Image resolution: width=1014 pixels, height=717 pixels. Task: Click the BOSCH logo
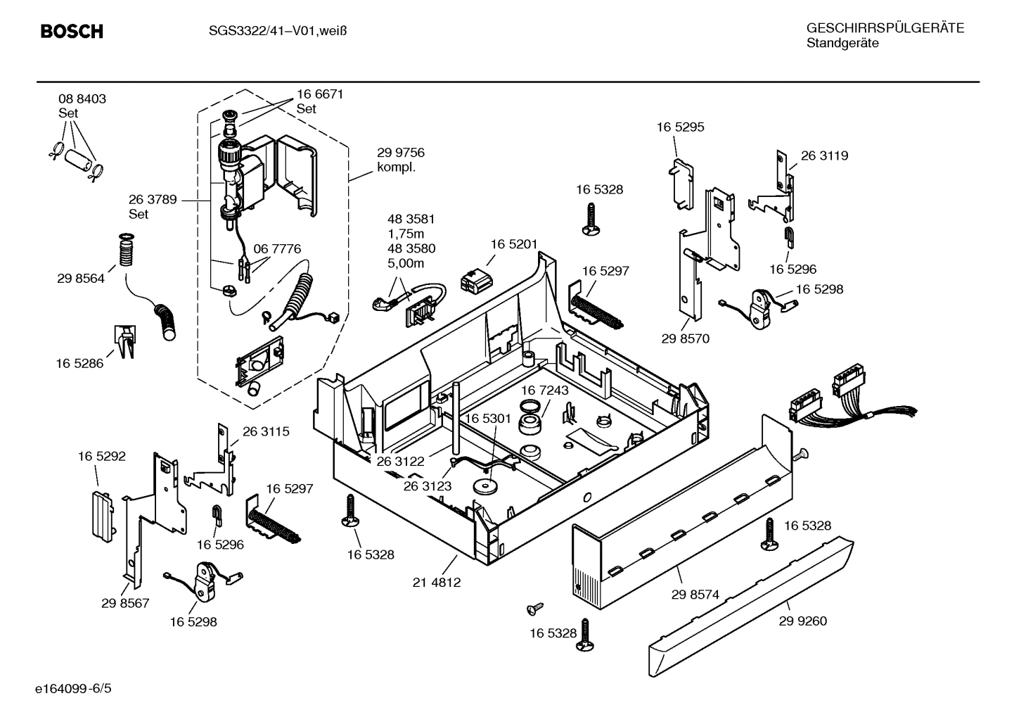coord(72,32)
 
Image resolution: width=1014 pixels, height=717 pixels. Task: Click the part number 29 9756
coord(400,153)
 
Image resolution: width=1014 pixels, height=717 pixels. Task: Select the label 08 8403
coord(82,99)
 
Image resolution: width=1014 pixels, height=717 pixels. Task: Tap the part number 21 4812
coord(437,583)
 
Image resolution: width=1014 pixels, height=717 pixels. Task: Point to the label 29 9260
coord(802,621)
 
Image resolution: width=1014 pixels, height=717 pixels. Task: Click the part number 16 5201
coord(513,244)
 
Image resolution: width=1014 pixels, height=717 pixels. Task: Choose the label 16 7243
coord(544,390)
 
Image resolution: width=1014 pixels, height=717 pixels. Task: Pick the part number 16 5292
coord(101,457)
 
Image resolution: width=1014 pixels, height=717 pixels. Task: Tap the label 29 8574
coord(695,595)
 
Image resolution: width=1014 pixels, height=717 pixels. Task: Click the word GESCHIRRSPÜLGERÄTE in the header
coord(885,29)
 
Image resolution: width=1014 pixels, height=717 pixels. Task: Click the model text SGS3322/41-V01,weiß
coord(278,31)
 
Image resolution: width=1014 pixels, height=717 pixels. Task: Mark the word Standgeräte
coord(842,44)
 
